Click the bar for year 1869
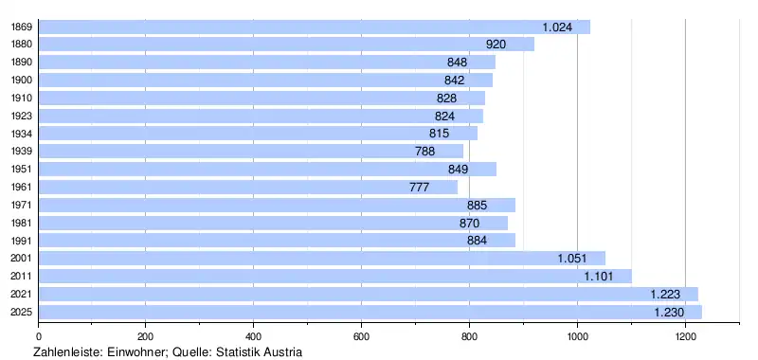coord(315,27)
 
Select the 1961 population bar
coord(248,187)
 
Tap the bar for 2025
coord(370,313)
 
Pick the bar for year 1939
coord(251,152)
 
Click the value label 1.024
coord(557,27)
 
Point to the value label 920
coord(496,45)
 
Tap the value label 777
coord(419,188)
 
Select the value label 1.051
coord(572,259)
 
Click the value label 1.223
coord(665,295)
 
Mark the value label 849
coord(458,170)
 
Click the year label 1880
coord(22,45)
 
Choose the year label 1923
coord(22,116)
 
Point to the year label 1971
coord(22,205)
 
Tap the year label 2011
coord(22,277)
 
